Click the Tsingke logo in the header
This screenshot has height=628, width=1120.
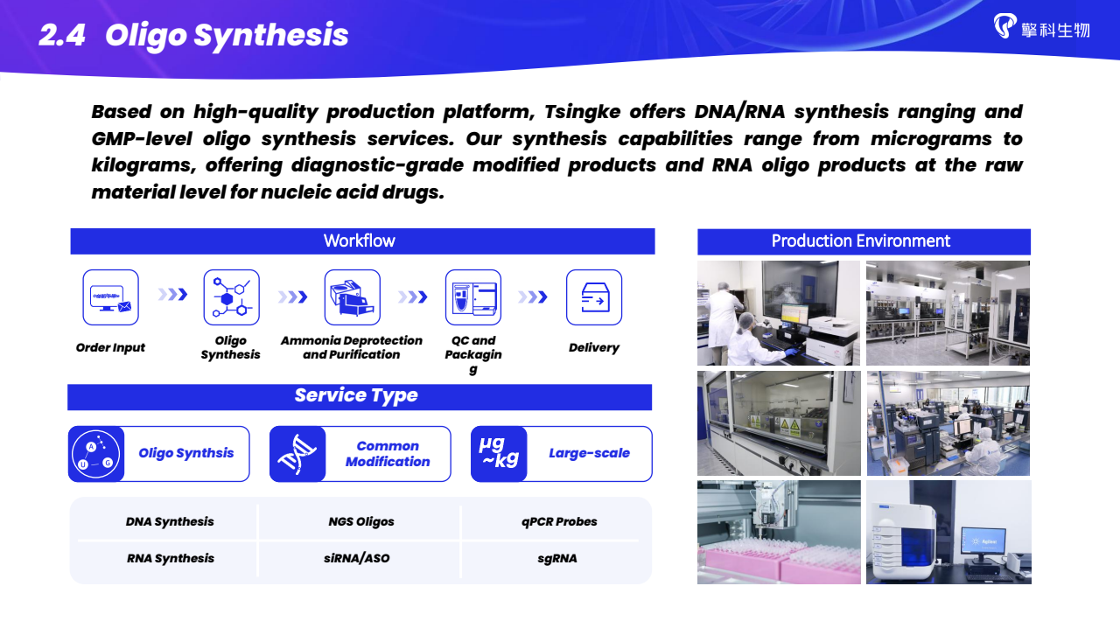(1041, 27)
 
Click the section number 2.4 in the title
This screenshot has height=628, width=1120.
(62, 35)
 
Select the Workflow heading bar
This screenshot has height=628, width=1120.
(362, 241)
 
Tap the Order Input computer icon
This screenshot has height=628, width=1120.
(110, 297)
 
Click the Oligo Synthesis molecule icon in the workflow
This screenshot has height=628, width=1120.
(232, 297)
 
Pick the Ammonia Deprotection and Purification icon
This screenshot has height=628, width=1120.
(353, 297)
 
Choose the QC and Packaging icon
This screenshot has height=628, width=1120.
(473, 297)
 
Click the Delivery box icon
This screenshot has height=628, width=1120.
(594, 297)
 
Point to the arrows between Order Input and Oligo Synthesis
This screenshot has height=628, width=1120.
(172, 295)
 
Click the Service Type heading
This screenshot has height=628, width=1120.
(356, 395)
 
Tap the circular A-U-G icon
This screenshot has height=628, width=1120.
(95, 454)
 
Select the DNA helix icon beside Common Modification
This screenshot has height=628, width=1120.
(297, 454)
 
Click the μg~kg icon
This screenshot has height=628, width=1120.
(499, 453)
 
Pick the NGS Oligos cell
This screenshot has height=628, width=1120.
(361, 521)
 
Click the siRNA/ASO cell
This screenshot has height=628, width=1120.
(356, 558)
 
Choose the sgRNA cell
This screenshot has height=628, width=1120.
(557, 559)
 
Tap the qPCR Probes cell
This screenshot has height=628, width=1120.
(559, 521)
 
